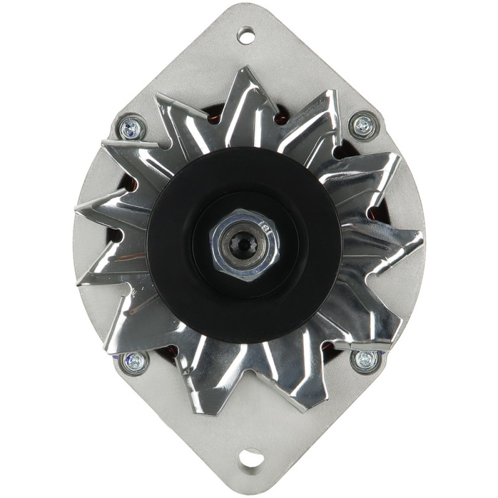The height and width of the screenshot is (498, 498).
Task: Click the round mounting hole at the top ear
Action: pos(246,35)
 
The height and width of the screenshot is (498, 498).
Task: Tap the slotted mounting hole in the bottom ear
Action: pos(250,458)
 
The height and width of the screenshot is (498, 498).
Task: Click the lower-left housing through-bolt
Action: pos(134,361)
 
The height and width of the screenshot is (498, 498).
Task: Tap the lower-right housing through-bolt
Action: pos(365,360)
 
